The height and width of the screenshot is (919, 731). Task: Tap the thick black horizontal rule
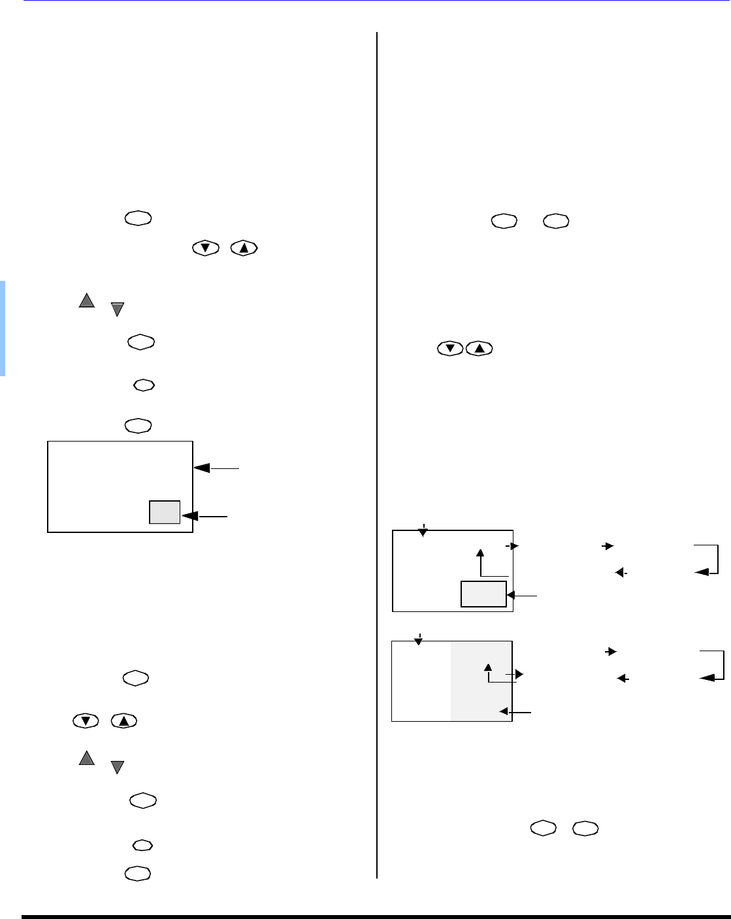[376, 916]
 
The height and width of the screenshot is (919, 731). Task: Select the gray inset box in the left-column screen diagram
[165, 512]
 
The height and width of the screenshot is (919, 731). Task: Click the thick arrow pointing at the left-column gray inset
[204, 516]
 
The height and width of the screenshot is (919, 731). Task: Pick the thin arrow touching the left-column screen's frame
[216, 468]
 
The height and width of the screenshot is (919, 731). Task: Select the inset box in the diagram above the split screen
[483, 594]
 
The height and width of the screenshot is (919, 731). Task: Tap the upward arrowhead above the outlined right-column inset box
[481, 553]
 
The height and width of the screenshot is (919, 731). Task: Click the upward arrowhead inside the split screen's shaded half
[487, 667]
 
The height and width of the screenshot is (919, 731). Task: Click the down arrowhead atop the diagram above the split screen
[423, 532]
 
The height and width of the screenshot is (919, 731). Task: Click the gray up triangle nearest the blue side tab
[86, 300]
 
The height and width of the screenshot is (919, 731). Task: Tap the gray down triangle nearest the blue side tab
[117, 310]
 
